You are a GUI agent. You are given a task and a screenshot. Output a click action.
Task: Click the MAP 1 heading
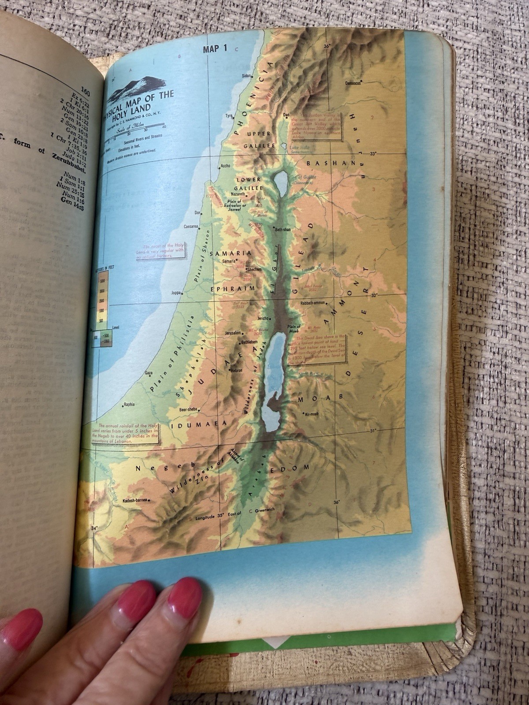pyautogui.click(x=215, y=49)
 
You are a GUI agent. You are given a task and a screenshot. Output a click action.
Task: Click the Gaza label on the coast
pyautogui.click(x=149, y=373)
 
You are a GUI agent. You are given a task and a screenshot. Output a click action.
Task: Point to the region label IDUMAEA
pyautogui.click(x=199, y=424)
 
